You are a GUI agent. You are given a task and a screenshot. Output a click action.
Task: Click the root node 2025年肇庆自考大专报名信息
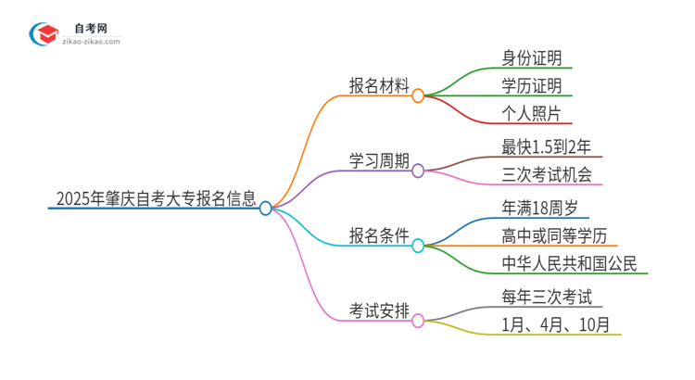tap(155, 197)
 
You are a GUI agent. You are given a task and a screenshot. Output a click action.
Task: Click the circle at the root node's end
tap(266, 209)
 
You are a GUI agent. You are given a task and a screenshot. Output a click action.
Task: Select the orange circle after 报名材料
tap(418, 95)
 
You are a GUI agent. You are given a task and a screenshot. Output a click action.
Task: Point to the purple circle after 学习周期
tap(418, 171)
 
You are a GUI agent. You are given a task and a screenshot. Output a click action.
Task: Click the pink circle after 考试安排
tap(418, 320)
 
